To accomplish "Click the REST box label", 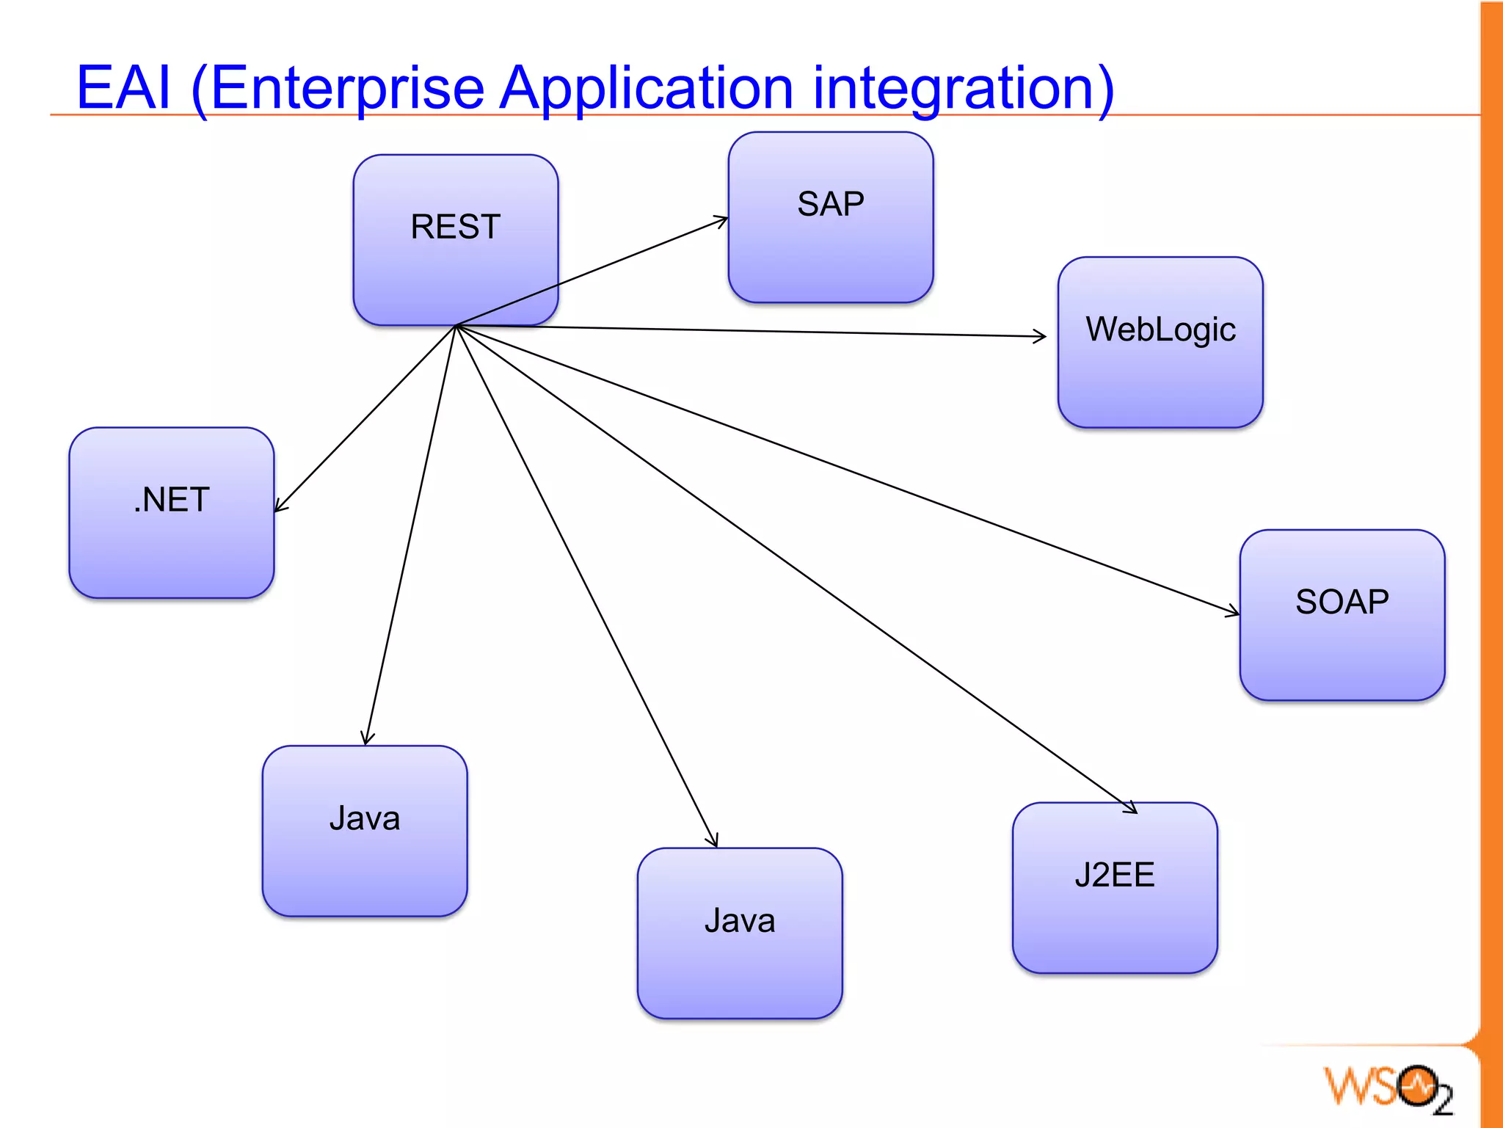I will coord(455,227).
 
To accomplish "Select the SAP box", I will coord(830,217).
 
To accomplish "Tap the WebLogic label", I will coord(1160,330).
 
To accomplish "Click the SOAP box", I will coord(1342,615).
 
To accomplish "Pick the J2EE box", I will coord(1114,888).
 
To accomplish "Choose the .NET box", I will coord(171,513).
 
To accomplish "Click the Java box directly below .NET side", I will coord(364,831).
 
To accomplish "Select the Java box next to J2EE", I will coord(739,933).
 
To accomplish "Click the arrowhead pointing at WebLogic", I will coord(1041,336).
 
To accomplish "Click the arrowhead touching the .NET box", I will coord(279,506).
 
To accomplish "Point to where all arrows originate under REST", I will coord(456,326).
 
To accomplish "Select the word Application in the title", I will coord(646,88).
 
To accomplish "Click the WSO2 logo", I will coord(1387,1088).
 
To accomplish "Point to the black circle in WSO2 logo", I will coord(1416,1085).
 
